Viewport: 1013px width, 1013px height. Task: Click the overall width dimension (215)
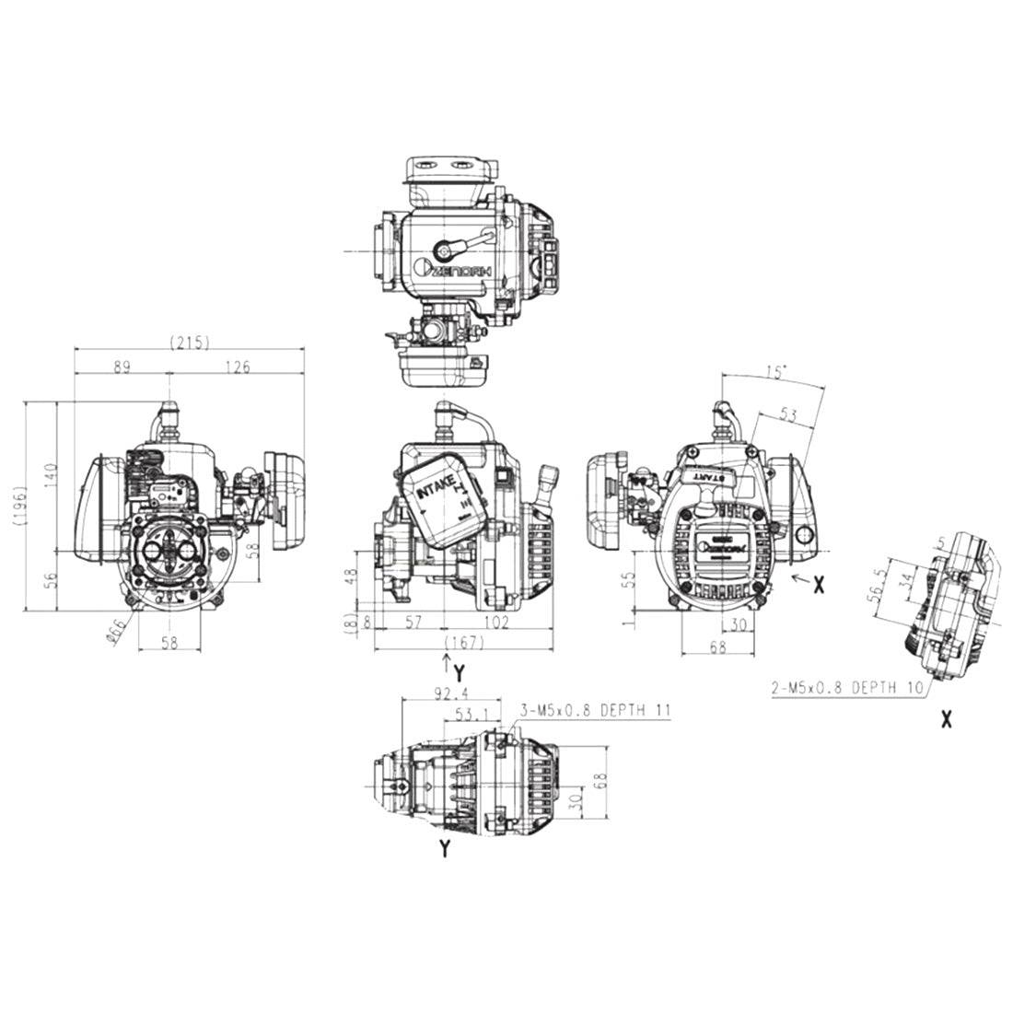190,343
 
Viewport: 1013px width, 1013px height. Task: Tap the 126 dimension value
238,367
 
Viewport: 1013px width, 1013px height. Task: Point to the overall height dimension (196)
19,505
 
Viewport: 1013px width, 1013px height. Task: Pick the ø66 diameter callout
116,632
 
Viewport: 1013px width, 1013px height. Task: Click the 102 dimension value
496,623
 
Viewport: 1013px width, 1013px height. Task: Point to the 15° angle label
776,373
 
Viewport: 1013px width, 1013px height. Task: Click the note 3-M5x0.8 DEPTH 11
595,711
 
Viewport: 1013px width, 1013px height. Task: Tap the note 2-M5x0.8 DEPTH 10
846,687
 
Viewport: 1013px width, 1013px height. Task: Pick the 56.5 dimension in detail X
884,583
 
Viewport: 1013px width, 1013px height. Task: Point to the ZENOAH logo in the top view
457,268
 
